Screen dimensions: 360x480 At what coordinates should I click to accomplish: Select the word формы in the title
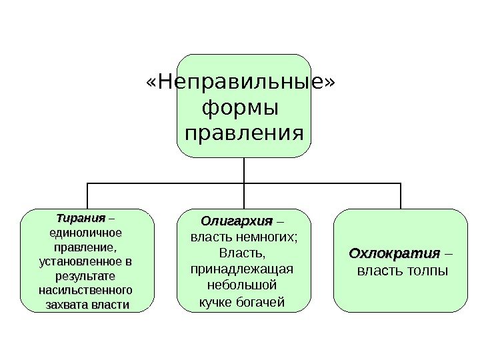pos(240,108)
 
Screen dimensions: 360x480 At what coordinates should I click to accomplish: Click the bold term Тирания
pos(81,219)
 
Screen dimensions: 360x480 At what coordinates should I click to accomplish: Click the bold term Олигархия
pos(237,221)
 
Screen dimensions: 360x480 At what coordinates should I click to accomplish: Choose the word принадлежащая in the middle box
pos(242,269)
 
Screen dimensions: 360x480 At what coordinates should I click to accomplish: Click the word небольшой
pos(242,285)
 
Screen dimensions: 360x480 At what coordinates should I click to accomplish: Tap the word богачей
pos(261,302)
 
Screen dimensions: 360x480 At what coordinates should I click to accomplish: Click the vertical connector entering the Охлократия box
pos(401,196)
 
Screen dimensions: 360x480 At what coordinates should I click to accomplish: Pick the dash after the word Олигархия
pos(280,221)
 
